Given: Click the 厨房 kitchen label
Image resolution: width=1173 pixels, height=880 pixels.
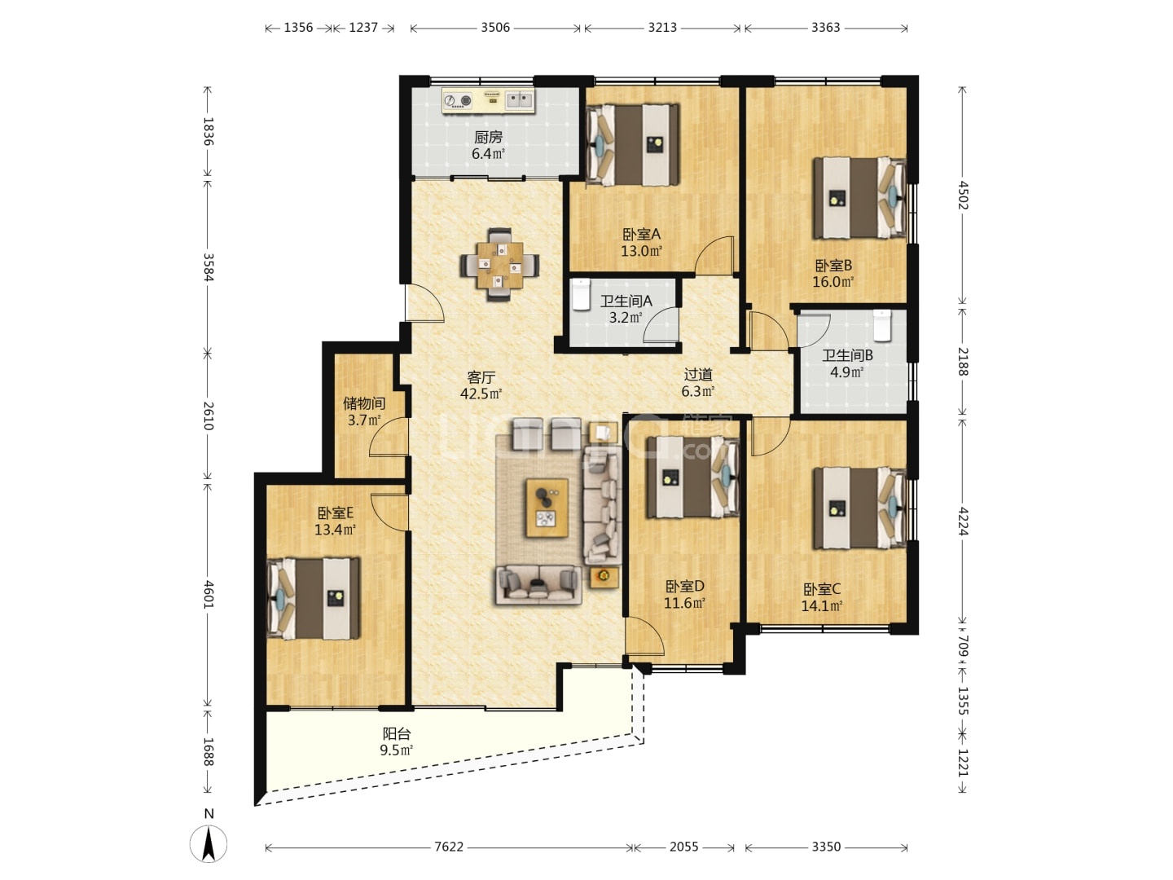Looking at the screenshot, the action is tap(488, 138).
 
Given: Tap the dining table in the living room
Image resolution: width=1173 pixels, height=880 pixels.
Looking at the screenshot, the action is tap(500, 265).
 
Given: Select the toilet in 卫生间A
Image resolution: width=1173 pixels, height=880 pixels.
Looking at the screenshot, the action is tap(581, 294).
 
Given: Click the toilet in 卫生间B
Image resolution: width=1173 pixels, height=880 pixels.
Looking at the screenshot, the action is tap(882, 325).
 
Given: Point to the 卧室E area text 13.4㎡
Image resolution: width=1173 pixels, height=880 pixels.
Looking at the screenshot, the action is tap(335, 530).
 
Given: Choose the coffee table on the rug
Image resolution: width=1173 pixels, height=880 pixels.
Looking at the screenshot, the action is tap(547, 508).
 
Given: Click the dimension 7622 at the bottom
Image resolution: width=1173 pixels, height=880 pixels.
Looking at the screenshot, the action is tap(448, 847).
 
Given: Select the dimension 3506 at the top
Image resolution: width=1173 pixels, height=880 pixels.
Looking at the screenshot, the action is tap(495, 28).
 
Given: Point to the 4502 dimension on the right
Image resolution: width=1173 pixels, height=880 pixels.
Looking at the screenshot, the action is tap(962, 195).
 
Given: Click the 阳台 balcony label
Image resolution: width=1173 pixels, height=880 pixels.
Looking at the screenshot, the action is tap(397, 733).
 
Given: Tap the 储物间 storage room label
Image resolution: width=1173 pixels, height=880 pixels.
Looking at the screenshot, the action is tap(364, 403).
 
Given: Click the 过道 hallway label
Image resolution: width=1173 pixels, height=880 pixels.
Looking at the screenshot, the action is tap(698, 375).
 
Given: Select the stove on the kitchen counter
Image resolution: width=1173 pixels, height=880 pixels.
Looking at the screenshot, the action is tap(459, 100).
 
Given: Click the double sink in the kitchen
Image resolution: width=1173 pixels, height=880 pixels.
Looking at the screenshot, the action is tap(520, 99).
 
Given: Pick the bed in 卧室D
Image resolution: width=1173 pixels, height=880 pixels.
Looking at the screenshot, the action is tap(693, 477).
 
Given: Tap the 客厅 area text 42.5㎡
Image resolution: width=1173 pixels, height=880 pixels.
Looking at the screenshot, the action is tap(481, 394).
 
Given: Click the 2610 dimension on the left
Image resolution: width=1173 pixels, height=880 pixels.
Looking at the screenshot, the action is tap(209, 416).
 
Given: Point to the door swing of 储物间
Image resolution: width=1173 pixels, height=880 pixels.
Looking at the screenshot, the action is tap(389, 436).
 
